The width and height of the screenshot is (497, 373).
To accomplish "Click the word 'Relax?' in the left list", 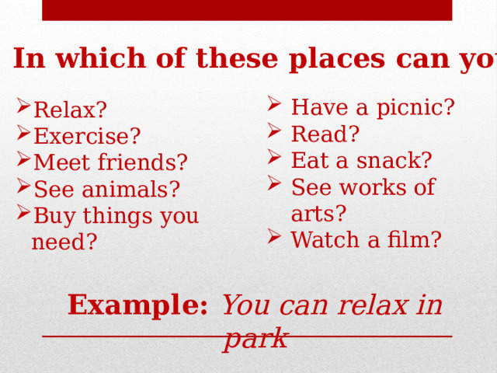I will pyautogui.click(x=71, y=110).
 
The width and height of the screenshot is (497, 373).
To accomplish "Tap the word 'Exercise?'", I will pyautogui.click(x=87, y=137).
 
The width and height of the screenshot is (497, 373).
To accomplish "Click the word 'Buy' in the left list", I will pyautogui.click(x=52, y=216).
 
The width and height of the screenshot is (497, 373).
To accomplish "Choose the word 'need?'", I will pyautogui.click(x=64, y=242).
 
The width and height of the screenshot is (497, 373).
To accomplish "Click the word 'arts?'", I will pyautogui.click(x=318, y=214).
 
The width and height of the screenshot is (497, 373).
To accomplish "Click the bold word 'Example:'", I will pyautogui.click(x=137, y=305).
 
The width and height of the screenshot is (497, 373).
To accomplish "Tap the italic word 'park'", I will pyautogui.click(x=255, y=338).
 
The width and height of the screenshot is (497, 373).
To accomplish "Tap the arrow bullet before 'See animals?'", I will pyautogui.click(x=24, y=189).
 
